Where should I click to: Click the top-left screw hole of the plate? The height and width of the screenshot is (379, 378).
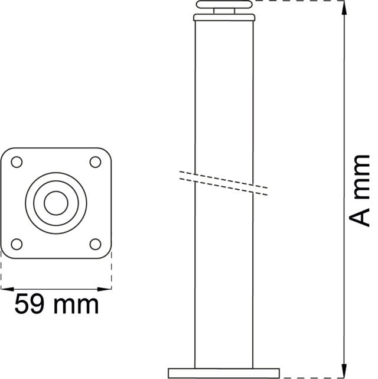(x=17, y=161)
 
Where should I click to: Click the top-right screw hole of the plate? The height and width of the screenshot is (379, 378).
(x=94, y=161)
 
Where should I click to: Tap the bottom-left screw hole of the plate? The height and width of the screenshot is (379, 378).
(x=17, y=243)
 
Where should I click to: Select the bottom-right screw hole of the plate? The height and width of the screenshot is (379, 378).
(x=94, y=243)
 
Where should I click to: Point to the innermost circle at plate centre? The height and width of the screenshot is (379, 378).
(x=56, y=202)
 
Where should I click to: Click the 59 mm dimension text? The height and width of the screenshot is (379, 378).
(x=56, y=305)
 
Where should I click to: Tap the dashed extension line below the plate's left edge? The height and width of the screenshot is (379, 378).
(x=1, y=272)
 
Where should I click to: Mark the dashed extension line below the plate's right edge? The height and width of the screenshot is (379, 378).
(x=112, y=272)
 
